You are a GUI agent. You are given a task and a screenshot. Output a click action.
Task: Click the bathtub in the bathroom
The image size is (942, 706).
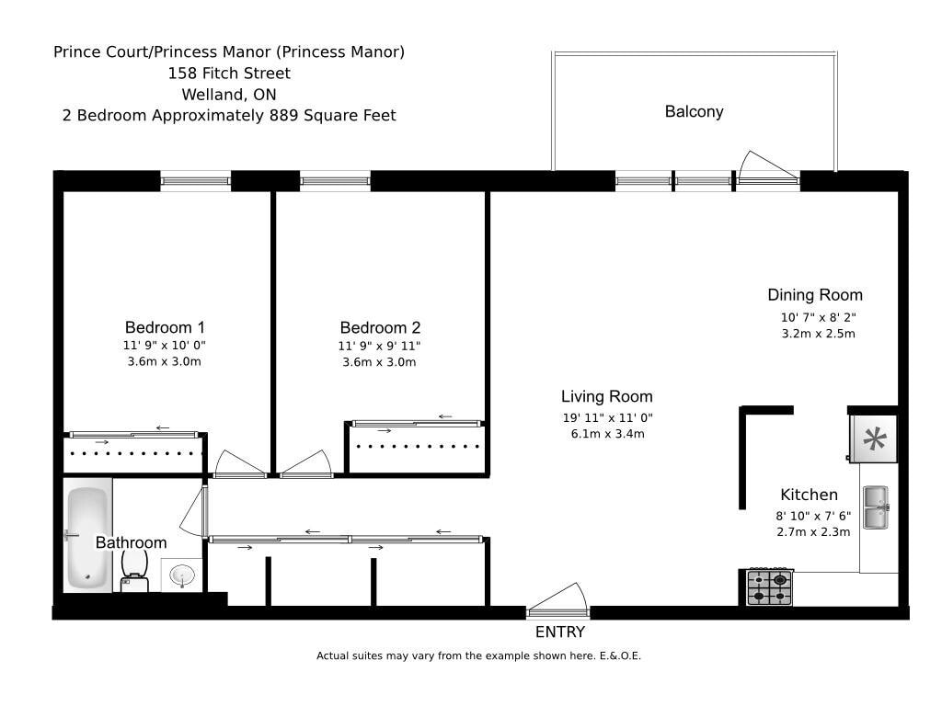[x=88, y=538]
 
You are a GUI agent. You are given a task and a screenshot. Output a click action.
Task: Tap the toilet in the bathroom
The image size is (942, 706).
[x=134, y=568]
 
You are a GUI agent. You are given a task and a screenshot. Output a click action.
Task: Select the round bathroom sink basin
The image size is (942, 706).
[x=183, y=576]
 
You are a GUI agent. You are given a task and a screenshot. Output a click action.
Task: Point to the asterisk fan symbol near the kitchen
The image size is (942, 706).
[x=873, y=438]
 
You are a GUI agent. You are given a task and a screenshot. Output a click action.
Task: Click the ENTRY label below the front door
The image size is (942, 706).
[x=559, y=632]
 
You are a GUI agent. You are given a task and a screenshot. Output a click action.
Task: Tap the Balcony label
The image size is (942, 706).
[x=694, y=111]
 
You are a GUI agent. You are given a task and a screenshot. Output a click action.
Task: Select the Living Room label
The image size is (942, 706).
[x=606, y=397]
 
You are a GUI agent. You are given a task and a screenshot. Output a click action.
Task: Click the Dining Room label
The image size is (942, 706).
[x=815, y=295]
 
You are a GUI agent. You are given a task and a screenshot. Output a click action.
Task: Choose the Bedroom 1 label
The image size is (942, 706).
[x=165, y=327]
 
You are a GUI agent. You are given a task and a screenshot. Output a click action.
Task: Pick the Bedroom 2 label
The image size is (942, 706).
[x=380, y=327]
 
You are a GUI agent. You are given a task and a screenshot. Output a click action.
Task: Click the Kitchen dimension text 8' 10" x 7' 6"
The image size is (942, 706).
[x=814, y=516]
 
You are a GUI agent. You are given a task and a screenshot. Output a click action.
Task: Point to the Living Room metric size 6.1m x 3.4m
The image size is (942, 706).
[x=607, y=434]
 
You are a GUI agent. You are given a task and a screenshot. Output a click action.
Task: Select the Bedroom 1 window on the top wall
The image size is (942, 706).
[x=195, y=180]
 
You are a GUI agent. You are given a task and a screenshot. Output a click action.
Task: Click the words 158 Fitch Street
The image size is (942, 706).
[x=229, y=74]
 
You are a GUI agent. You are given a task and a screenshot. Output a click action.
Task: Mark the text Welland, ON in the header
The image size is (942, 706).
[x=229, y=95]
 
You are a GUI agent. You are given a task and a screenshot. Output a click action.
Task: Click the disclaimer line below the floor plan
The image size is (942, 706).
[x=478, y=656]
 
